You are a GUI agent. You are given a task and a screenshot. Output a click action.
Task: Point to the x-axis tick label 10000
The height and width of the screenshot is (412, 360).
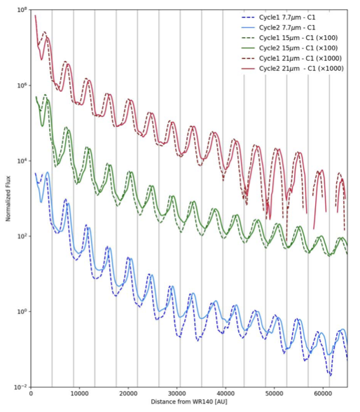click(79, 393)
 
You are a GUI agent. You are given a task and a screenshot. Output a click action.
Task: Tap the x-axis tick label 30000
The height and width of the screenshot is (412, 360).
click(176, 393)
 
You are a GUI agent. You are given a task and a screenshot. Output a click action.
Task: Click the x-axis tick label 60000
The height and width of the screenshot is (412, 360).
click(323, 393)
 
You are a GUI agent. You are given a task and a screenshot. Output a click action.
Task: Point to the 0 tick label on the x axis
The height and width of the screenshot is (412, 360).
click(31, 393)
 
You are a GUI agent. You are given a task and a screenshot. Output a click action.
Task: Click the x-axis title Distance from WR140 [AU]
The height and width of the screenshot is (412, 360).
click(189, 401)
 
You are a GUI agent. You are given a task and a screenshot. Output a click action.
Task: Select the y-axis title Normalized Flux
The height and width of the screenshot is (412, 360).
click(8, 198)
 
